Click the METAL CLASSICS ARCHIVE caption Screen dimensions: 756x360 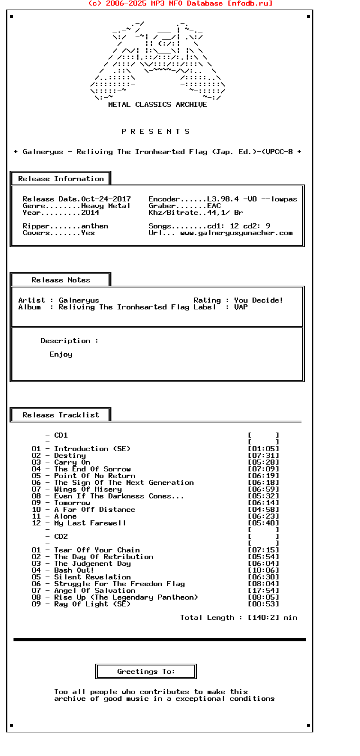click(157, 105)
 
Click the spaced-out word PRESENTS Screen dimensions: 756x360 click(156, 132)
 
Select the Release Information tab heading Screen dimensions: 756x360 click(61, 179)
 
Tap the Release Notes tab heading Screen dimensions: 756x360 click(61, 280)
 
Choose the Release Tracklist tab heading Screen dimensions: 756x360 click(61, 415)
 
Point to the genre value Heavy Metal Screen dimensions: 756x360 click(106, 206)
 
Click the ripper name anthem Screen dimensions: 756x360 click(94, 226)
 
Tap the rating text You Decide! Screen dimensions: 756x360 click(259, 300)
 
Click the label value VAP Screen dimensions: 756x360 click(241, 307)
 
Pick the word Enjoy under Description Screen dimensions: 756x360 click(61, 354)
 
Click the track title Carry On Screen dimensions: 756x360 click(72, 462)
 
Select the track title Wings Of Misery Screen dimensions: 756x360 click(88, 489)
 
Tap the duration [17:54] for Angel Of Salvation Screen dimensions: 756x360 click(263, 591)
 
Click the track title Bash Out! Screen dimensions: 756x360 click(74, 570)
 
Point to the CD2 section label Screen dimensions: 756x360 click(61, 537)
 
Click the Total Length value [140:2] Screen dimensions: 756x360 click(263, 618)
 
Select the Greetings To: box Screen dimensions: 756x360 click(146, 672)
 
